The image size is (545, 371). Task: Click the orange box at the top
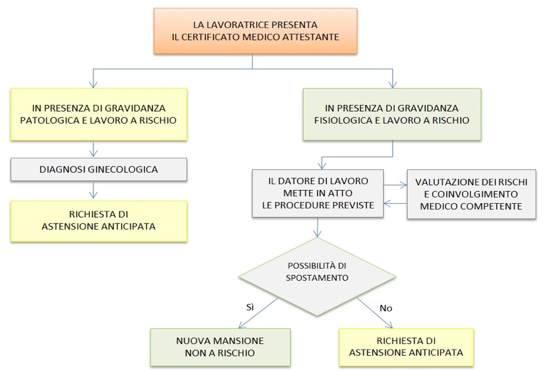pos(255,31)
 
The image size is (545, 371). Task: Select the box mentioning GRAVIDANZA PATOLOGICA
pos(99,114)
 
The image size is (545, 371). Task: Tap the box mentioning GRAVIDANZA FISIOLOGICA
pos(392,114)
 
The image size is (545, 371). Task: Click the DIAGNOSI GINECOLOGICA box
pos(99,170)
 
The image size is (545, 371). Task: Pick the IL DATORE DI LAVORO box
pos(318,194)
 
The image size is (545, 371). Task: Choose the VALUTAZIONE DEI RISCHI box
pos(471,194)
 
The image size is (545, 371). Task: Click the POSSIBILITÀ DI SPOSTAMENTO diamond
pos(317,277)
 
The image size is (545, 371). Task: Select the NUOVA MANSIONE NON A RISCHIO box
pos(221,347)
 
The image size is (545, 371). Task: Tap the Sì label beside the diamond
pos(250,307)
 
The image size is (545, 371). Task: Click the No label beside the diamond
pos(386,309)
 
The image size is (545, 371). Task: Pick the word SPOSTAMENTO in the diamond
pos(317,278)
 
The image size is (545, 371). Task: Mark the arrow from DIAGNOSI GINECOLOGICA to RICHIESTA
pos(93,190)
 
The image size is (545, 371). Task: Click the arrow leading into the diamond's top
pos(317,227)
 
